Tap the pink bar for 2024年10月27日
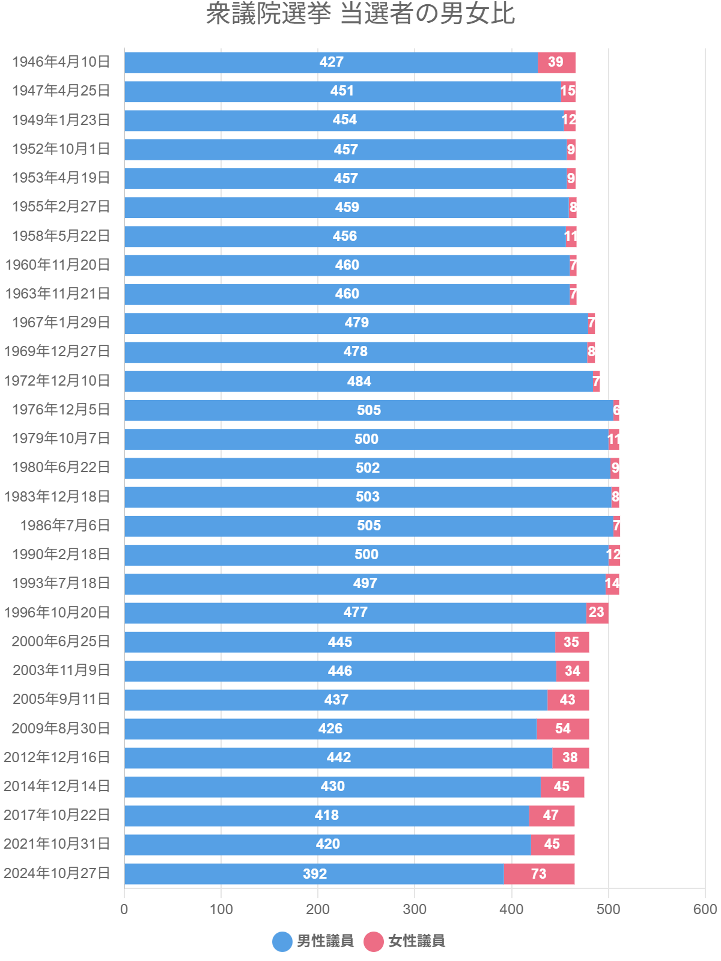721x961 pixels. (x=539, y=874)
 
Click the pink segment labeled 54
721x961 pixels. (x=562, y=729)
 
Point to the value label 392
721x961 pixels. (x=315, y=874)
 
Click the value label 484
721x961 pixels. (x=359, y=381)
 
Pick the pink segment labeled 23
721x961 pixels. (x=597, y=613)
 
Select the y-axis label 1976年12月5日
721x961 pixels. (x=61, y=410)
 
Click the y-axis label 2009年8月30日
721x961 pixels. (x=61, y=729)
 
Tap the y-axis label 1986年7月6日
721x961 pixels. (x=65, y=526)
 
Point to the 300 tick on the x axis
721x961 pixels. (x=415, y=909)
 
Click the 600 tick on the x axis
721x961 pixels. (x=705, y=909)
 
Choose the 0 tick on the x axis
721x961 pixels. (x=124, y=909)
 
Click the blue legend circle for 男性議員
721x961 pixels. (x=282, y=941)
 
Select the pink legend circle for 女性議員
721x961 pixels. (x=374, y=941)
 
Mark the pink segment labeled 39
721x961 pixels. (x=556, y=62)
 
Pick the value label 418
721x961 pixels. (x=327, y=816)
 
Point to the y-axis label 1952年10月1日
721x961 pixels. (x=61, y=149)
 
